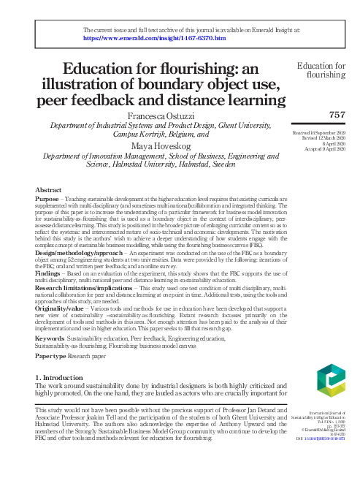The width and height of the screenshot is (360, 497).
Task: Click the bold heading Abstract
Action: click(48, 189)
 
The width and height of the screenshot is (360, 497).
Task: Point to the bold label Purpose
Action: click(47, 198)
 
